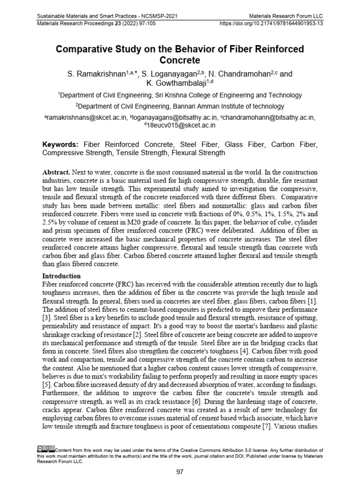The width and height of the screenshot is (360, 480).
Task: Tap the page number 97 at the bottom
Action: tap(180, 472)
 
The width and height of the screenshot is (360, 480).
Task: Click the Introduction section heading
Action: tap(61, 276)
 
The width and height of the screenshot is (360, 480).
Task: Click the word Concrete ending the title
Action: tap(180, 60)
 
